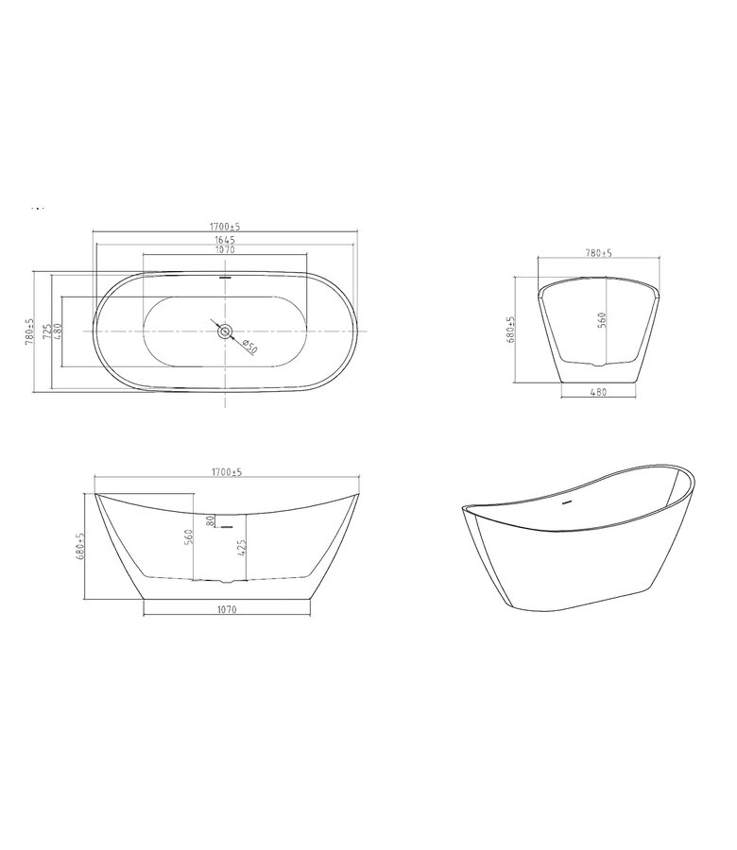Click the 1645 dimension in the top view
pyautogui.click(x=224, y=239)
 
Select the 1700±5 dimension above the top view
pyautogui.click(x=224, y=228)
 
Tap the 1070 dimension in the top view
pyautogui.click(x=224, y=249)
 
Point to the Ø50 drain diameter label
pyautogui.click(x=249, y=346)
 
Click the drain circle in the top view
pyautogui.click(x=224, y=331)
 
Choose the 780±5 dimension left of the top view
pyautogui.click(x=30, y=331)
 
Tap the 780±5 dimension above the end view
pyautogui.click(x=599, y=253)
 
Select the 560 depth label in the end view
pyautogui.click(x=601, y=319)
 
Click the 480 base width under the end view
pyautogui.click(x=597, y=391)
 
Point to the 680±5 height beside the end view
pyautogui.click(x=510, y=330)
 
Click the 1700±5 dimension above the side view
pyautogui.click(x=226, y=472)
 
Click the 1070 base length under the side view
pyautogui.click(x=225, y=611)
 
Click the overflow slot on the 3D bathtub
pyautogui.click(x=567, y=502)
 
